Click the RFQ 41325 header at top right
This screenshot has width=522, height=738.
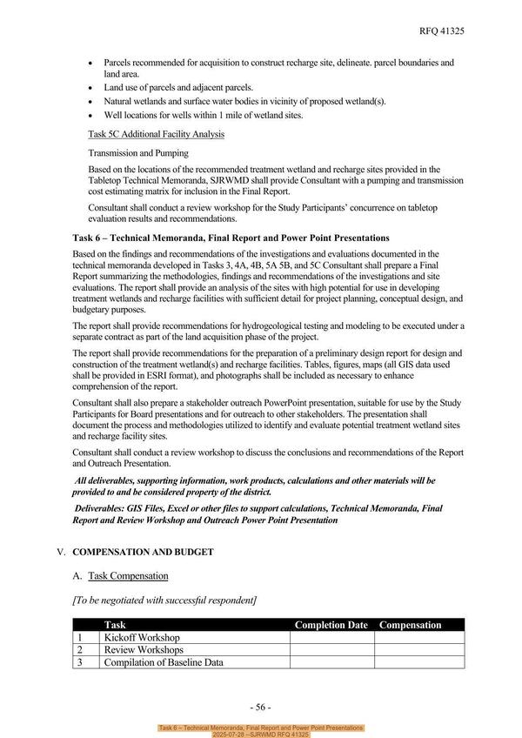pyautogui.click(x=442, y=30)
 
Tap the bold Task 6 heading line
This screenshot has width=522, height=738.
pyautogui.click(x=231, y=238)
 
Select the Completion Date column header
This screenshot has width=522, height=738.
pyautogui.click(x=331, y=625)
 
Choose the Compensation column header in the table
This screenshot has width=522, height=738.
pyautogui.click(x=411, y=625)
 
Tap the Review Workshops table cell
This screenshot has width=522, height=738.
pyautogui.click(x=144, y=649)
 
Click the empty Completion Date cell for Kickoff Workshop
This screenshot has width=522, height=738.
pyautogui.click(x=331, y=637)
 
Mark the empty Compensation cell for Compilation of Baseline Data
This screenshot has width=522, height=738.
pyautogui.click(x=419, y=662)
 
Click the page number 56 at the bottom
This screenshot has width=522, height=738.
pyautogui.click(x=261, y=707)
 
